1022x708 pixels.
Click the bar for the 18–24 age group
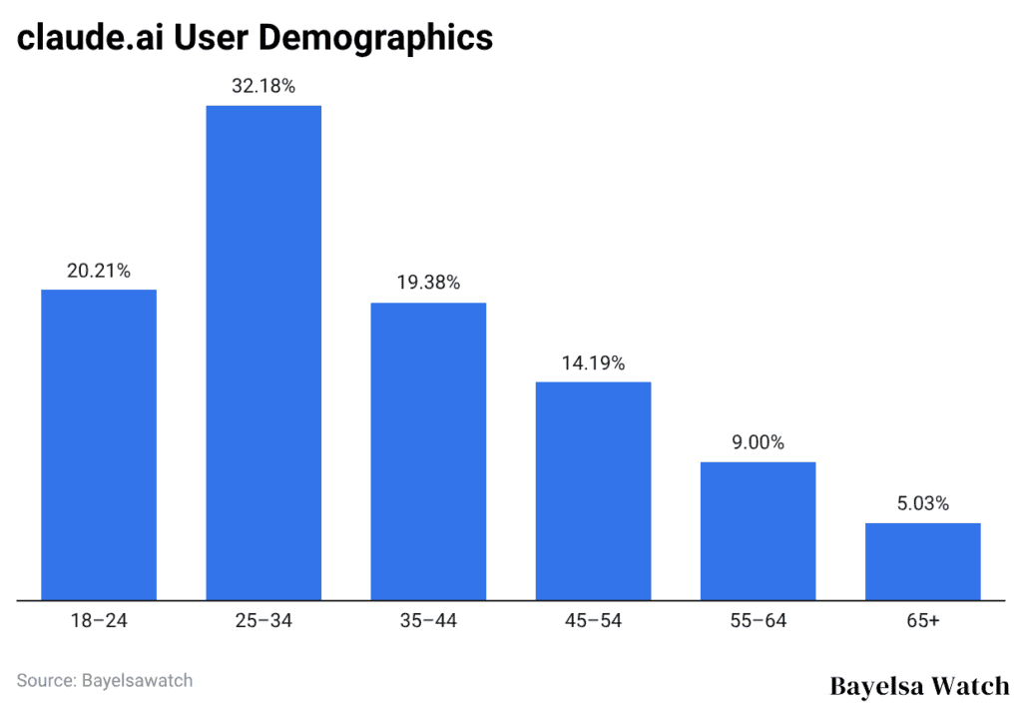click(x=98, y=445)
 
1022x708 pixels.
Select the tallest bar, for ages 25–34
click(x=263, y=353)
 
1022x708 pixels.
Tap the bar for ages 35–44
click(x=428, y=451)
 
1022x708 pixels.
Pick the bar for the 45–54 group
click(x=593, y=491)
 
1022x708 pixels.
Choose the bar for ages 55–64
click(x=758, y=531)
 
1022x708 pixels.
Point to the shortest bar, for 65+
click(x=922, y=561)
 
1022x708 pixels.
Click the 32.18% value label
click(x=263, y=87)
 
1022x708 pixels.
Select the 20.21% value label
click(x=98, y=271)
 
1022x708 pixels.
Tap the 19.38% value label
click(x=428, y=284)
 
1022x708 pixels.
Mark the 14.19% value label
click(x=593, y=363)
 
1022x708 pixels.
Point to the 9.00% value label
click(x=758, y=443)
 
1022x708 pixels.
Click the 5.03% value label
click(x=922, y=504)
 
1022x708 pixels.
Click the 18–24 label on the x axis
click(x=98, y=621)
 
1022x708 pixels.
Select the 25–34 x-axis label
click(x=263, y=621)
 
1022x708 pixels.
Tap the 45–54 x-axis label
click(x=593, y=621)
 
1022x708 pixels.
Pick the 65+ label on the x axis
click(x=922, y=621)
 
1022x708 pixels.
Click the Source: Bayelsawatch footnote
click(x=105, y=680)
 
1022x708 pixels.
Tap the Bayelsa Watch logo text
click(x=919, y=686)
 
